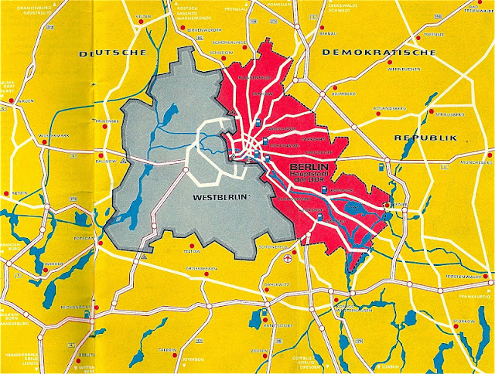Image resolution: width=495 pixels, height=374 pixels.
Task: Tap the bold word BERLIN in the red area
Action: pos(308,168)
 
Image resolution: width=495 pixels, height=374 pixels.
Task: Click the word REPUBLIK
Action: pos(426,138)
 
